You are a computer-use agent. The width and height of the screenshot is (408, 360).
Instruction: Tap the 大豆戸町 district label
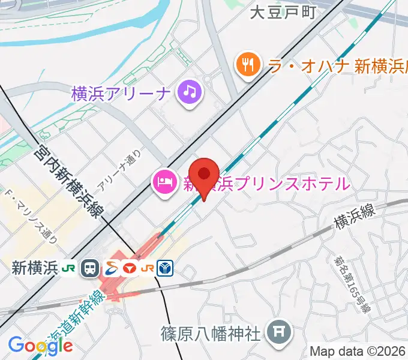tap(282, 13)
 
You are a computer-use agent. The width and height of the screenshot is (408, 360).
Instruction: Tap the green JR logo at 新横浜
tap(70, 268)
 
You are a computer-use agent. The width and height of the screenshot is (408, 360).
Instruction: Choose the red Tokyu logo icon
tap(130, 268)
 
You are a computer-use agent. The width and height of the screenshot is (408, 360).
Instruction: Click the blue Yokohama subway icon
tap(165, 268)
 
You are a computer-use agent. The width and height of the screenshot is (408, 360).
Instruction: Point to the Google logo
tap(40, 346)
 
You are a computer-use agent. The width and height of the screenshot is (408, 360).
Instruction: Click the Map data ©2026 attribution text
tap(358, 351)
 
